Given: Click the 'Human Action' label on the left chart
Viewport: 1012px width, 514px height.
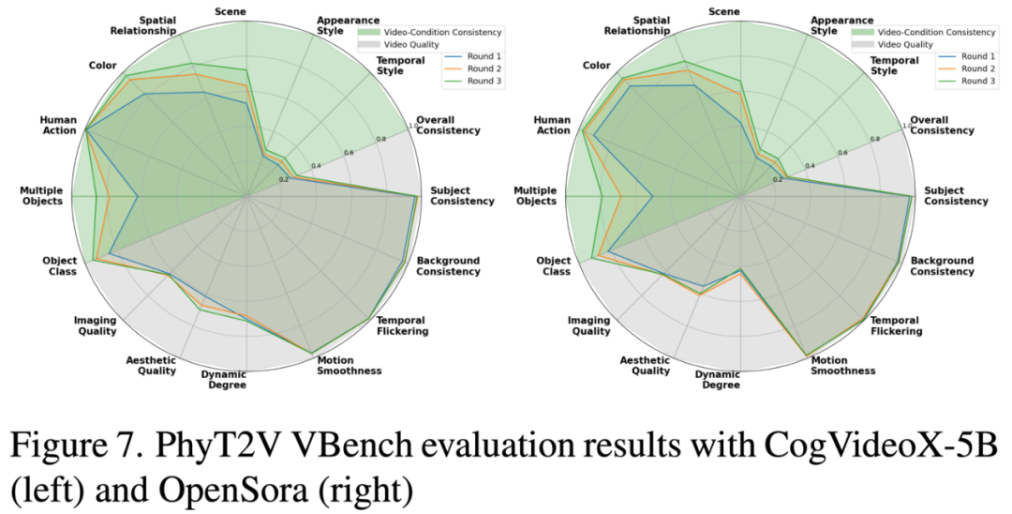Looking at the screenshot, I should (x=57, y=126).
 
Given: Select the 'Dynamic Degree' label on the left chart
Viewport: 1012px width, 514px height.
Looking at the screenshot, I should (x=223, y=380).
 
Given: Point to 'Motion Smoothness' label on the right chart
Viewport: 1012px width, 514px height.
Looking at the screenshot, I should (x=843, y=365).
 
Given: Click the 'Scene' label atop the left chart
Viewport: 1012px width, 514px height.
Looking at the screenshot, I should (x=230, y=10).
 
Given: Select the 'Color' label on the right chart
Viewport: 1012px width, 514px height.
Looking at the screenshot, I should (x=596, y=65).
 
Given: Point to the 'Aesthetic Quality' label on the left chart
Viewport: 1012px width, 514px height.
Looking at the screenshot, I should (x=151, y=365).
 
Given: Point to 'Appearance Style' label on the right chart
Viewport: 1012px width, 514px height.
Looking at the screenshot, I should (x=837, y=25).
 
